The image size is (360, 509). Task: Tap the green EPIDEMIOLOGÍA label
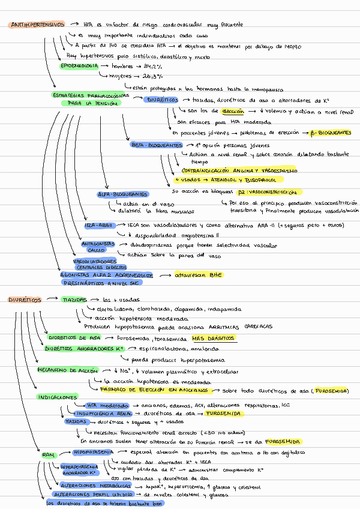click(x=79, y=66)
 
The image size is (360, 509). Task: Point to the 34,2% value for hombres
click(x=152, y=66)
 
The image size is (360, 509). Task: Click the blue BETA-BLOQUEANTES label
click(x=157, y=145)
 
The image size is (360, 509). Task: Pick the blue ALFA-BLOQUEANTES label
click(x=124, y=194)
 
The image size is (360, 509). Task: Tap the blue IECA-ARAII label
click(x=99, y=225)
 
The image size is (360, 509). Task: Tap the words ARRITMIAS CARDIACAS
click(x=247, y=327)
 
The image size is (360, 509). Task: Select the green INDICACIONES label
click(x=58, y=397)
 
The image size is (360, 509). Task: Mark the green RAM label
click(x=49, y=456)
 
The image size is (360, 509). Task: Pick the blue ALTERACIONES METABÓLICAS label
click(x=96, y=486)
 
